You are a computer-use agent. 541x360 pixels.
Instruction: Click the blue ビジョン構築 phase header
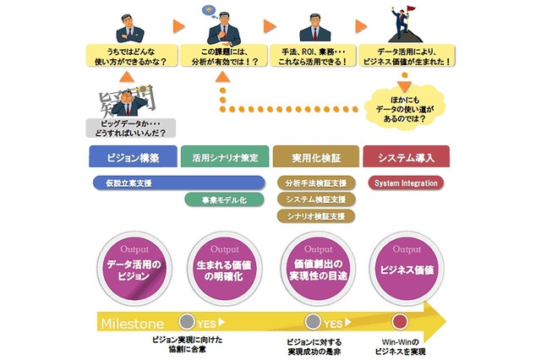pos(134,157)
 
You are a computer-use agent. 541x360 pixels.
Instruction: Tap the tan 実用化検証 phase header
pos(314,157)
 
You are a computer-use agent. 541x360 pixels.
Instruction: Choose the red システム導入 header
pos(406,157)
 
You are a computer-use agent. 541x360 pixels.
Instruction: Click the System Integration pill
pos(405,183)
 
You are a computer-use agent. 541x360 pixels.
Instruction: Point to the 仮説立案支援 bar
pos(178,183)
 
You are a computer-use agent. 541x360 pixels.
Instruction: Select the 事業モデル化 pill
pos(224,200)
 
